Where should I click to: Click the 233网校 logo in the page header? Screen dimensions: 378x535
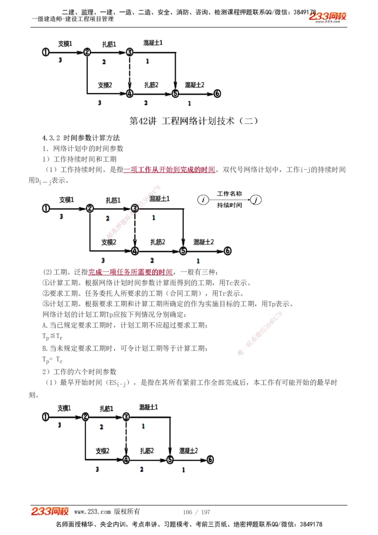click(327, 17)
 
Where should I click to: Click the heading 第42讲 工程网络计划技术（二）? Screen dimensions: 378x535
click(194, 121)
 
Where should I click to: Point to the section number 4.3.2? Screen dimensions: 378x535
click(51, 138)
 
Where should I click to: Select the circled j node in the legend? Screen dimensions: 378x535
click(256, 200)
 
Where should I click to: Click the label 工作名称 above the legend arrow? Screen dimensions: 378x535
click(230, 194)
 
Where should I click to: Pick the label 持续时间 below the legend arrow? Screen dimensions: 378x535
click(230, 206)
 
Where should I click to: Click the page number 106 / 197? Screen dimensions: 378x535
click(196, 512)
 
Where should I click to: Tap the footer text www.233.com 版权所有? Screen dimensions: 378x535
click(107, 512)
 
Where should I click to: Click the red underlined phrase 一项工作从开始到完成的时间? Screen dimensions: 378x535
click(169, 170)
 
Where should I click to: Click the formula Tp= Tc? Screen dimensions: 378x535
click(52, 359)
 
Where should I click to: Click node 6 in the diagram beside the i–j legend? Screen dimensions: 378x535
click(227, 251)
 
